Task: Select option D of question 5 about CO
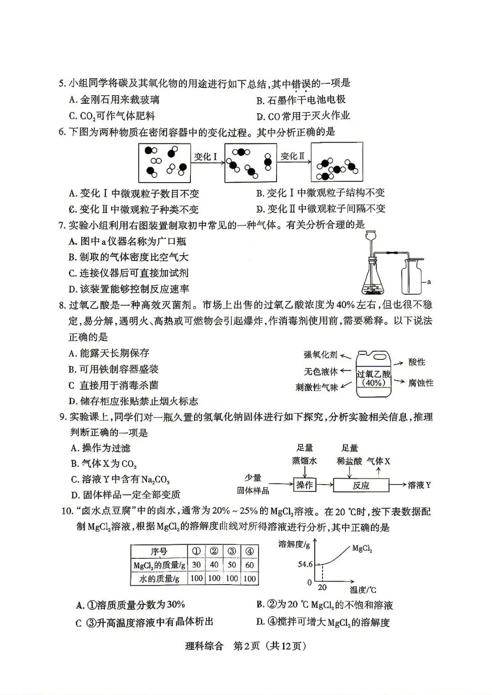303,116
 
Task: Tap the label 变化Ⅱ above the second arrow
292,157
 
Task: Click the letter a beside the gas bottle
429,282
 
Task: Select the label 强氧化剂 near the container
321,355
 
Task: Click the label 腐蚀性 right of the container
421,383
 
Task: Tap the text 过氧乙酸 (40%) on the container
374,378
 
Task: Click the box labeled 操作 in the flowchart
305,485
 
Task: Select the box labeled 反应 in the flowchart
361,485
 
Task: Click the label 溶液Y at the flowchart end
419,485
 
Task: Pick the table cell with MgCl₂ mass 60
250,565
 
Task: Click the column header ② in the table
214,551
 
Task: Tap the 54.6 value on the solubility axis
305,564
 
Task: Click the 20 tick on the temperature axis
322,587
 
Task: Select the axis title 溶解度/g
294,544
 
